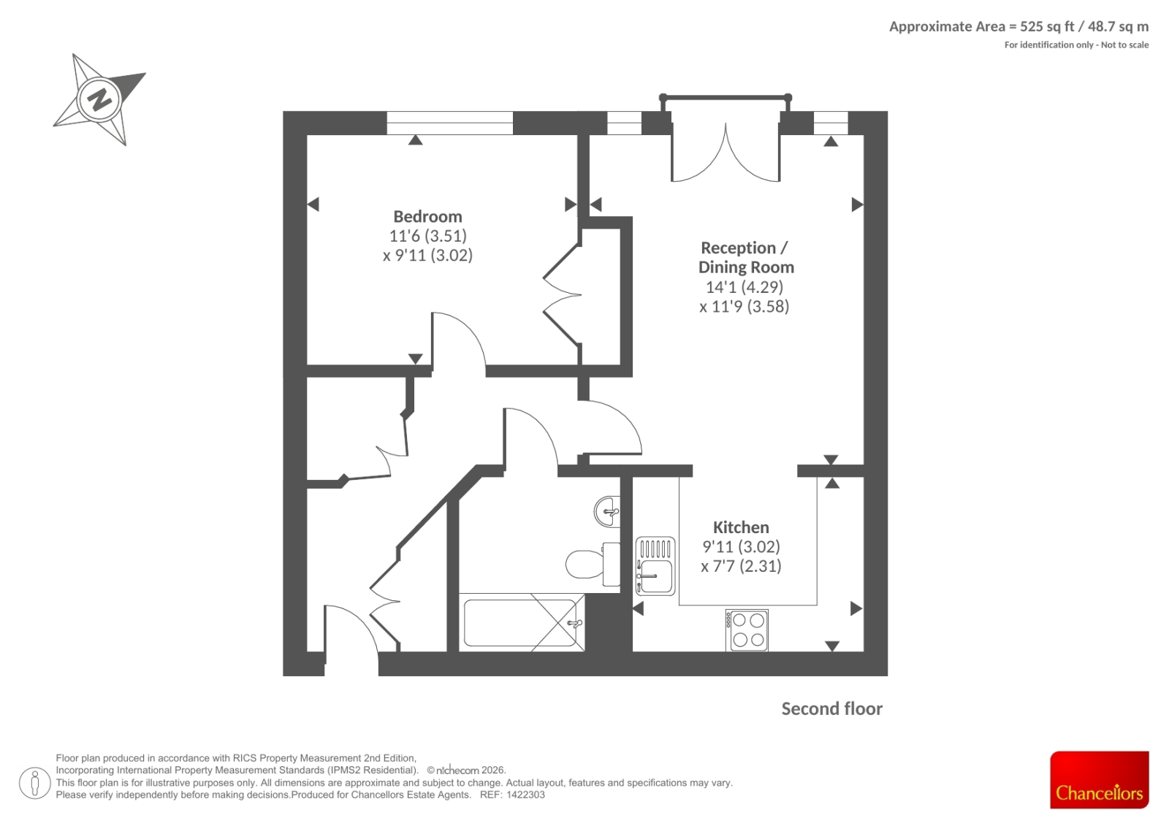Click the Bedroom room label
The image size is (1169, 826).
427,216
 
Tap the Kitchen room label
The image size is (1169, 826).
741,527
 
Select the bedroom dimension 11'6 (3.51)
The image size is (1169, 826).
428,236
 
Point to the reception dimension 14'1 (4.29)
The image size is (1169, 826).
745,286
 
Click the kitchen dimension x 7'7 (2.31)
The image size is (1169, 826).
741,566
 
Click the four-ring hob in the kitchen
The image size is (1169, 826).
747,630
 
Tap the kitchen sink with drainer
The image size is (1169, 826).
655,566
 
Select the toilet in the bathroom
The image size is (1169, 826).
593,564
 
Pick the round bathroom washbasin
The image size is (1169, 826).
607,511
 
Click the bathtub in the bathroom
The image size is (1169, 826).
522,622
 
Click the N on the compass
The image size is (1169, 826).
99,98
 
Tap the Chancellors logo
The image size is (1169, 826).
1099,779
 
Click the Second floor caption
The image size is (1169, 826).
832,708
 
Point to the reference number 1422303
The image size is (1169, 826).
525,795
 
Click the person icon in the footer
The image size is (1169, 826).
35,783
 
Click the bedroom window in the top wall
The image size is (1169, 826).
450,123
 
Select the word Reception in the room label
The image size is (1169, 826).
738,248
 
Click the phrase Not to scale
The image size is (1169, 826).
1124,45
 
